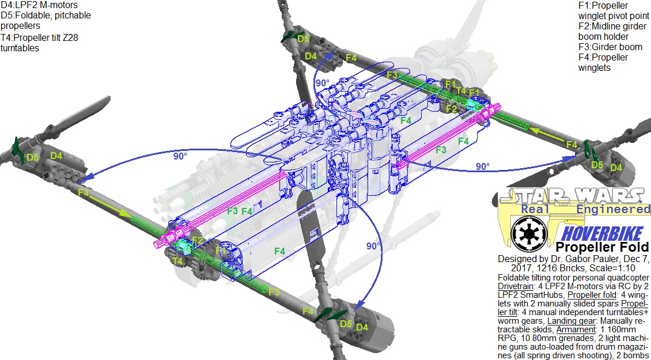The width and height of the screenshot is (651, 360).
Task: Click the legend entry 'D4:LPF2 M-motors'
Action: tap(39, 5)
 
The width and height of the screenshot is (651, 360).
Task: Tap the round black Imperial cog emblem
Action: tap(527, 233)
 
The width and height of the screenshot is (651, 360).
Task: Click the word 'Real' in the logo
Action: tap(536, 209)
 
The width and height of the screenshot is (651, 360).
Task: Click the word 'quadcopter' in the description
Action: tap(628, 277)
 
